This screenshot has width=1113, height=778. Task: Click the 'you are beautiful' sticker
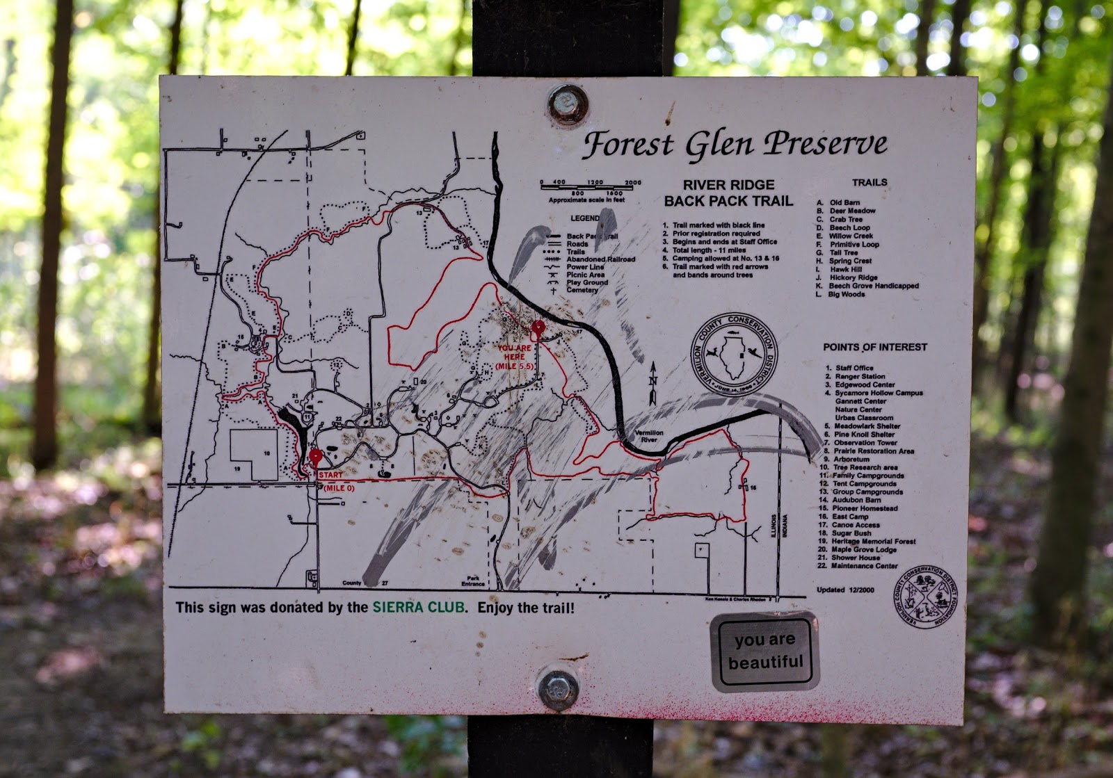click(x=764, y=651)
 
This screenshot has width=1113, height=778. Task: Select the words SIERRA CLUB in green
click(x=418, y=607)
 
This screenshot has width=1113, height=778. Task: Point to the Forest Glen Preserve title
click(x=735, y=144)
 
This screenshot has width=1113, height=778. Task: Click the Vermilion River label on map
click(x=648, y=436)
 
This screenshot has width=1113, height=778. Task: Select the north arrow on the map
click(x=652, y=383)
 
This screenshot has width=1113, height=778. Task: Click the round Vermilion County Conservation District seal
click(x=733, y=355)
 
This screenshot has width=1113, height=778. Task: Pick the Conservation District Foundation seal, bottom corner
click(x=924, y=597)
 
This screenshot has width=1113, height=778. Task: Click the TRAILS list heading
click(x=870, y=182)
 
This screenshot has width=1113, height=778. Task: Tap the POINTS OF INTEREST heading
click(x=874, y=347)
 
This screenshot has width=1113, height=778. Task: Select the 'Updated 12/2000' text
click(x=845, y=590)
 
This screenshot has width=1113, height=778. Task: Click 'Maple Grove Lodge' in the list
click(x=865, y=549)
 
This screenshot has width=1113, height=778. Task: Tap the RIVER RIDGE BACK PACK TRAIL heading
click(x=728, y=193)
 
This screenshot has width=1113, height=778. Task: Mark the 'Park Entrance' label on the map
click(x=473, y=581)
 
